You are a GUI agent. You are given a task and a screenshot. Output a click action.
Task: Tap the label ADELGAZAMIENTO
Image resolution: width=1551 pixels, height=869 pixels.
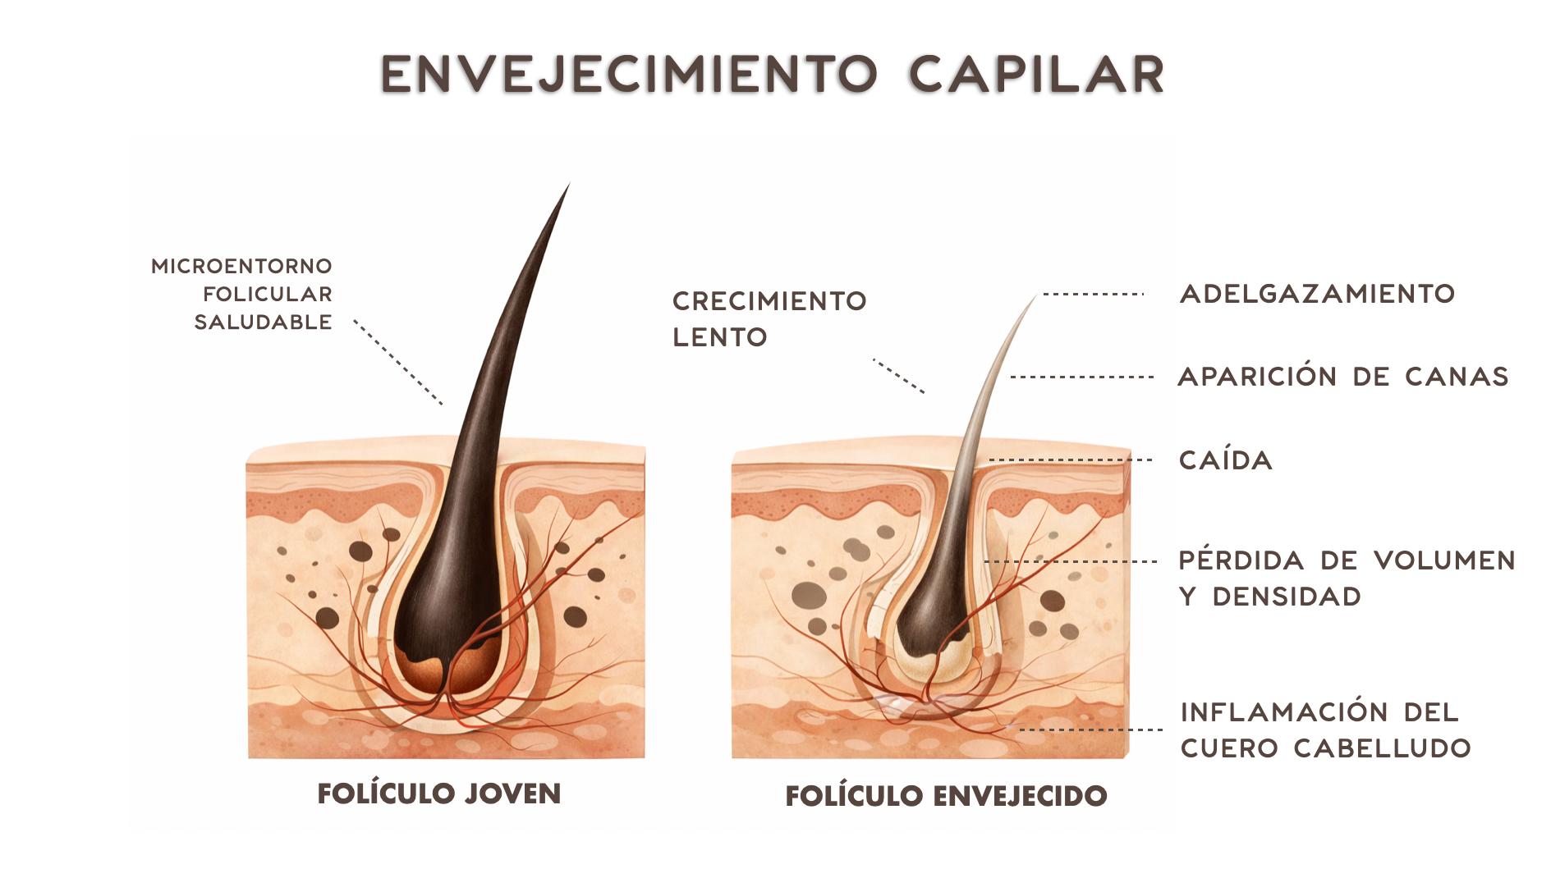[x=1317, y=294]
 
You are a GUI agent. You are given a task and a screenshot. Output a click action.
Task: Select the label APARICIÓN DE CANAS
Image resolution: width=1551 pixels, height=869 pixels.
[x=1343, y=376]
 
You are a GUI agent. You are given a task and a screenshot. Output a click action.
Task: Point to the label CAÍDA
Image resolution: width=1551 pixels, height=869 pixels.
[x=1226, y=460]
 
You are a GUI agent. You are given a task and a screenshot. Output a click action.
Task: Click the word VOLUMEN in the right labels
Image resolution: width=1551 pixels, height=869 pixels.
[x=1445, y=560]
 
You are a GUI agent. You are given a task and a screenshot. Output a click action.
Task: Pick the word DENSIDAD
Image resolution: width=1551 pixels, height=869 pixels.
[x=1287, y=597]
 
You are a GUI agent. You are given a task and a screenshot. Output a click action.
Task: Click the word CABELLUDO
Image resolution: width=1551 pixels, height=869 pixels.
[x=1383, y=748]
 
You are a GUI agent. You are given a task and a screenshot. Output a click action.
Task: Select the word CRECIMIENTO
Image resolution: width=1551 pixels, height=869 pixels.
[x=769, y=301]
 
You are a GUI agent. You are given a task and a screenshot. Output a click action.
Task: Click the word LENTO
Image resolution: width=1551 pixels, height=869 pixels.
[x=720, y=337]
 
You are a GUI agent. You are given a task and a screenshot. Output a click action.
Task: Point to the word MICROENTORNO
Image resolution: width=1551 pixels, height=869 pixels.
[x=242, y=266]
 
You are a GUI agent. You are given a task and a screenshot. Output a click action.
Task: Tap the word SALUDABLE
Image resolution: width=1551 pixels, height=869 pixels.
[x=264, y=322]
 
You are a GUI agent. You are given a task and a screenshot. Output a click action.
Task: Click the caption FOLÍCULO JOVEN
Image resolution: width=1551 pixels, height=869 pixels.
[x=439, y=794]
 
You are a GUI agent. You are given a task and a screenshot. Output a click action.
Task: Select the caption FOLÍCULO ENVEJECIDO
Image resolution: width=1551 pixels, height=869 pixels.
[x=947, y=795]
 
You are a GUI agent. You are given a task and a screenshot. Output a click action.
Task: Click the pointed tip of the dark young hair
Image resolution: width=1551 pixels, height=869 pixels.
[x=569, y=184]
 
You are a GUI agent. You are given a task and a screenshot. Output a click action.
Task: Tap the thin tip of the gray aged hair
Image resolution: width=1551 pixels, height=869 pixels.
[x=1035, y=297]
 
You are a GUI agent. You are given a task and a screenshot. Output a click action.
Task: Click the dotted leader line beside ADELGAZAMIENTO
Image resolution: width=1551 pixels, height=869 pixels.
[x=1094, y=294]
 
